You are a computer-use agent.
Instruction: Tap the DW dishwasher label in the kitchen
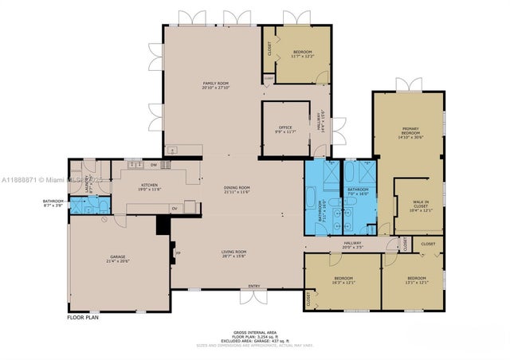tap(153, 165)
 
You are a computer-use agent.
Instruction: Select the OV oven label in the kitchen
tap(174, 209)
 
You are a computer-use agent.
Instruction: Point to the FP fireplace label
tap(177, 255)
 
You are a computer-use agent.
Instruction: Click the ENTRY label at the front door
tap(254, 286)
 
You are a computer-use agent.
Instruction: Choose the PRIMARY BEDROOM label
tap(410, 132)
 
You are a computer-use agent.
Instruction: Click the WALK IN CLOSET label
tap(419, 206)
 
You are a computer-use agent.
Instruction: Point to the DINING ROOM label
tap(237, 190)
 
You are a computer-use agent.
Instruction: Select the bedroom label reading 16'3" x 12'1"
tap(343, 279)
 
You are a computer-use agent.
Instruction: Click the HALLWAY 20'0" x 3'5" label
tap(353, 245)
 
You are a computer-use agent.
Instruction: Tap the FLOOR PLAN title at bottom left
tap(84, 316)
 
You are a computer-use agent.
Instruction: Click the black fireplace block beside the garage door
tap(164, 227)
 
